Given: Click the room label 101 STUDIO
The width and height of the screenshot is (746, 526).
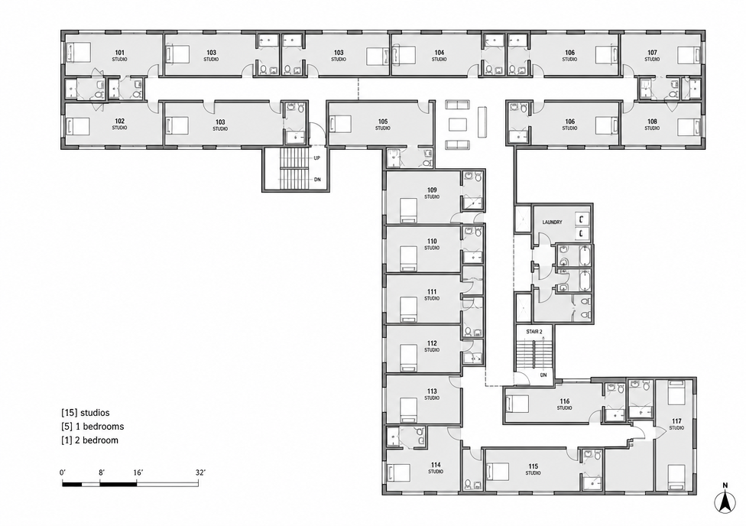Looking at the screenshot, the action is pyautogui.click(x=119, y=56).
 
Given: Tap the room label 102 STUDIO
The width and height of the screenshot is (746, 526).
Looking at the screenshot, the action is pyautogui.click(x=119, y=125).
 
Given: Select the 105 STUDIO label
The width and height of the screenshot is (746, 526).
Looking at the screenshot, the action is pyautogui.click(x=382, y=125).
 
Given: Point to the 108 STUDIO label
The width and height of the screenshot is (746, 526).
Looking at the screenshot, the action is pyautogui.click(x=652, y=125).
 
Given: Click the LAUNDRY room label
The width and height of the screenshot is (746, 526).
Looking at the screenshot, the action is pyautogui.click(x=552, y=222).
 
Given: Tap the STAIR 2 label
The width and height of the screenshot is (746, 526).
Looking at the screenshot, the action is pyautogui.click(x=534, y=331).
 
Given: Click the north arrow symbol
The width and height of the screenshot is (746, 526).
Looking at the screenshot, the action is pyautogui.click(x=725, y=501).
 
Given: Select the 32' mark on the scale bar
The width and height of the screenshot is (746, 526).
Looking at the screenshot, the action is pyautogui.click(x=200, y=472).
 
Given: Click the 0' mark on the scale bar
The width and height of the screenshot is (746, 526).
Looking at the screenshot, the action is pyautogui.click(x=63, y=472).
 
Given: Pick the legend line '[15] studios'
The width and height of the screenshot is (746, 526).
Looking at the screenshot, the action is pyautogui.click(x=86, y=413).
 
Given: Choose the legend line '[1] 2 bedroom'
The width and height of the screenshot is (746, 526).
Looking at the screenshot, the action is pyautogui.click(x=90, y=440).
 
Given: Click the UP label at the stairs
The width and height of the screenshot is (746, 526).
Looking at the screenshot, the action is pyautogui.click(x=317, y=157).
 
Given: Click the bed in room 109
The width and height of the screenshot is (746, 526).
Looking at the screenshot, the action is pyautogui.click(x=408, y=210).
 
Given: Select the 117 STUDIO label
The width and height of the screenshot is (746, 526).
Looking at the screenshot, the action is pyautogui.click(x=676, y=424).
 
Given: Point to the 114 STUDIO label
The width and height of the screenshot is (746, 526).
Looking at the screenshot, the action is pyautogui.click(x=436, y=468).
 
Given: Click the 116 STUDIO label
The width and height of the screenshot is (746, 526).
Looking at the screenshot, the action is pyautogui.click(x=564, y=404).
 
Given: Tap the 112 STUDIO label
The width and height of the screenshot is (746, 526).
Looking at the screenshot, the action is pyautogui.click(x=432, y=346).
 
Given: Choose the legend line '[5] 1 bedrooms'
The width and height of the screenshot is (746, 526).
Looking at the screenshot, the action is pyautogui.click(x=92, y=427).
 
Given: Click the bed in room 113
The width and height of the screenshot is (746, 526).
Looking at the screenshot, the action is pyautogui.click(x=408, y=410).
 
